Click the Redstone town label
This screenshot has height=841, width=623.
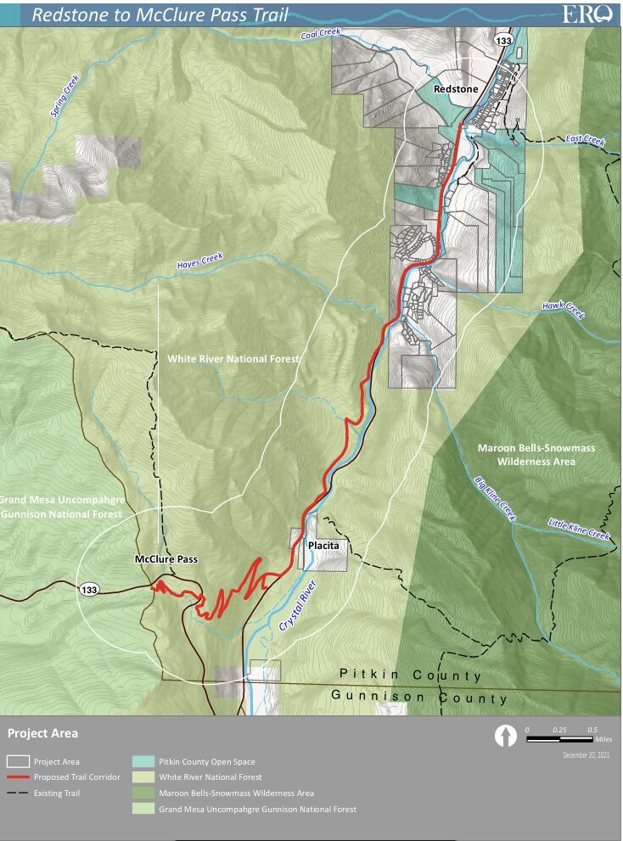(456, 88)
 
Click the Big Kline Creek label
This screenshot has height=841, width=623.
(494, 498)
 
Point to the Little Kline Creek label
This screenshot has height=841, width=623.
(578, 530)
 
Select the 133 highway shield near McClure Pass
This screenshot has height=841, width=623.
(89, 589)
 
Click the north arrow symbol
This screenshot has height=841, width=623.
(506, 736)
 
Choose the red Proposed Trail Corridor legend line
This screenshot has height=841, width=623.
(19, 777)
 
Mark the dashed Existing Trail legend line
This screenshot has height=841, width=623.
(19, 793)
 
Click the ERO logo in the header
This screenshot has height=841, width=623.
(587, 14)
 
